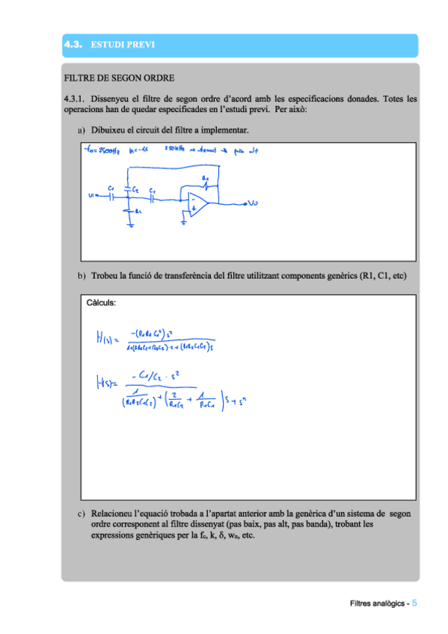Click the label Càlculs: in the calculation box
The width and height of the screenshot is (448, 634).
pyautogui.click(x=102, y=303)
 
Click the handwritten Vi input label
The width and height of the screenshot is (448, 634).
pyautogui.click(x=91, y=197)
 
